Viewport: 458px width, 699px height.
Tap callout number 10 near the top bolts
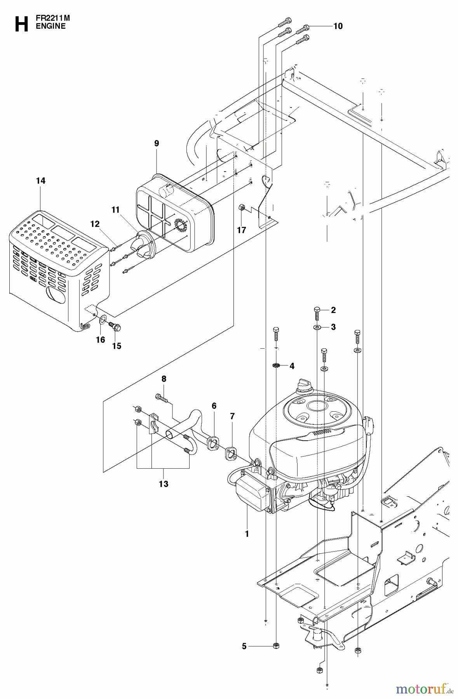[338, 26]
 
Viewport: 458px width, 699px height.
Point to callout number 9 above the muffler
[157, 143]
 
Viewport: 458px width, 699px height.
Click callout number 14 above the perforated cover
[40, 181]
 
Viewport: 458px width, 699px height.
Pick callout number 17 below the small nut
[242, 230]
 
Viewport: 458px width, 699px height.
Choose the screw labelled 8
[162, 397]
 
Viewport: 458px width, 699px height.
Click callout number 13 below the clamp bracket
[164, 484]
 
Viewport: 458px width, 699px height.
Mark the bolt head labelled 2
[317, 310]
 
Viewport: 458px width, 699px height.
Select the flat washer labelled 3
[317, 327]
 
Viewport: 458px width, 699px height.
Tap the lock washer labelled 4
[276, 365]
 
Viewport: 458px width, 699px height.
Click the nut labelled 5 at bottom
[276, 646]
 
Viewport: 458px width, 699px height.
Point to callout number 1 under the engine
[247, 534]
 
